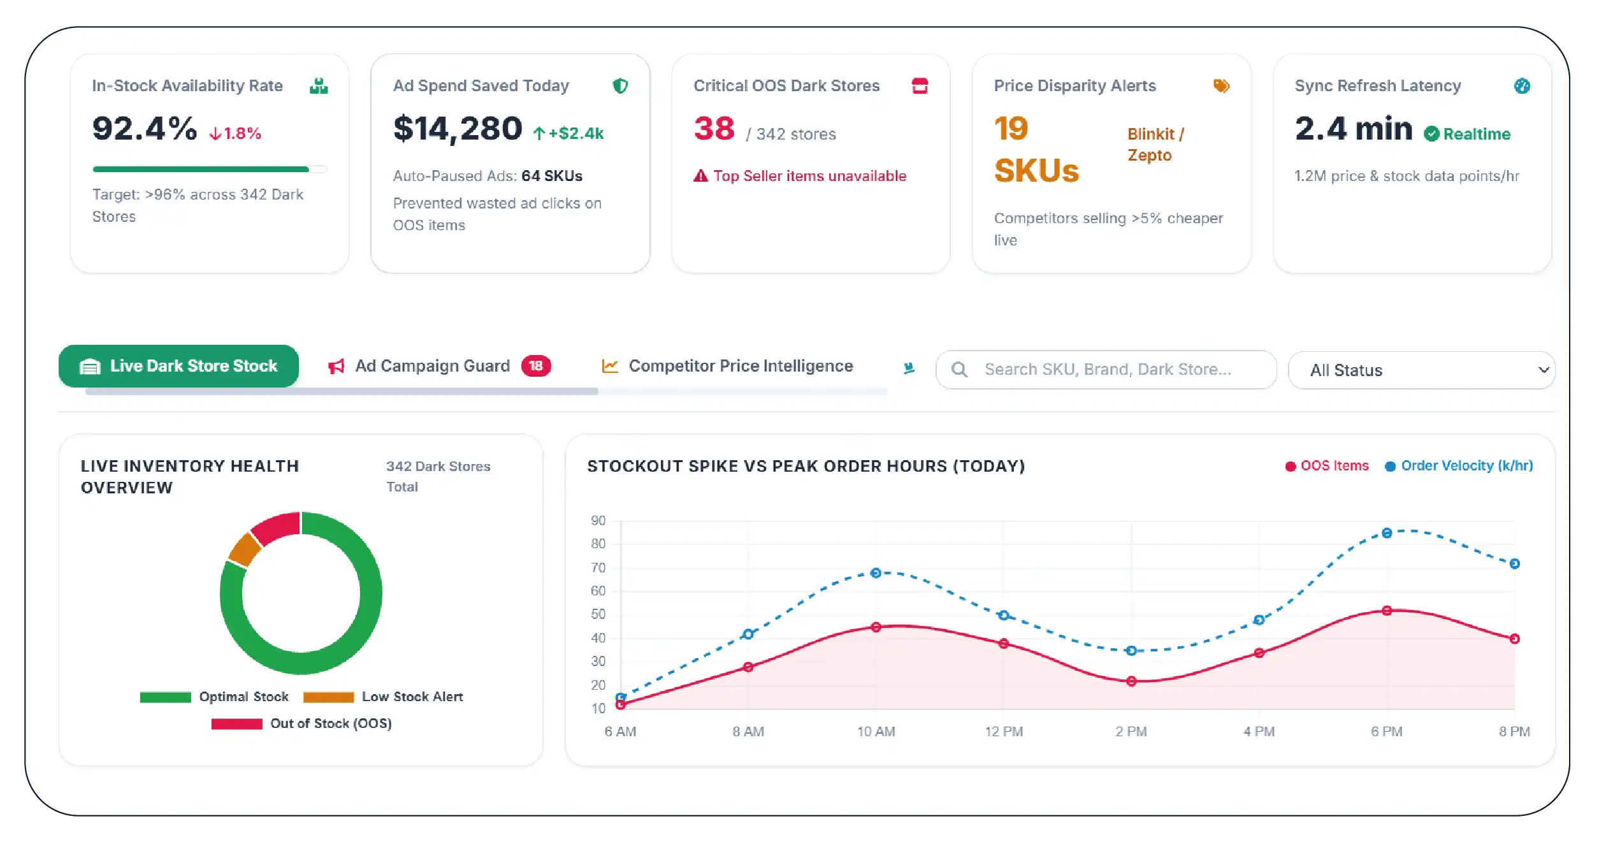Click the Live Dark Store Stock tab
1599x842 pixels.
point(178,366)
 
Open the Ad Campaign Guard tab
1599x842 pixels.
point(438,366)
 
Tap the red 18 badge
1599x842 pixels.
point(536,366)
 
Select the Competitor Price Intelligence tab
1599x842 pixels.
point(727,366)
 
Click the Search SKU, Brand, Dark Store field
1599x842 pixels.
point(1106,369)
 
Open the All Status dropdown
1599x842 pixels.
point(1421,370)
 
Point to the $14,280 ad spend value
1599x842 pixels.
point(458,129)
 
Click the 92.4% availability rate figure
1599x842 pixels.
point(145,129)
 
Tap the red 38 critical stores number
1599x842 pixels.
point(714,129)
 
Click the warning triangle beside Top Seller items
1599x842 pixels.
point(700,176)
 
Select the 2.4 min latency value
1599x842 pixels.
point(1353,129)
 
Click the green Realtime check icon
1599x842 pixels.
point(1431,134)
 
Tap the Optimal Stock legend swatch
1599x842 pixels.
point(165,697)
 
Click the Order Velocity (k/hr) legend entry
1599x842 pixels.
point(1459,466)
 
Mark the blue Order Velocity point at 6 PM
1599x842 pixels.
point(1387,533)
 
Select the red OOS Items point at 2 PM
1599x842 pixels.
point(1131,681)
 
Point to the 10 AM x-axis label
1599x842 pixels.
point(876,732)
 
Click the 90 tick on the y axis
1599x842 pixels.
point(598,521)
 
